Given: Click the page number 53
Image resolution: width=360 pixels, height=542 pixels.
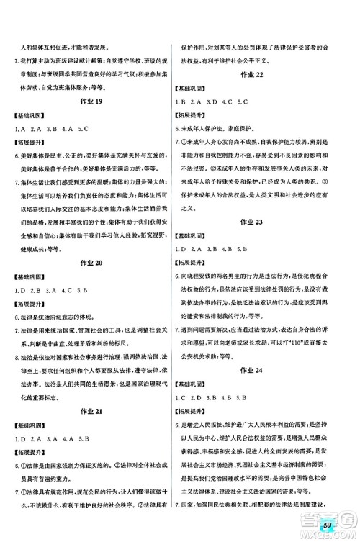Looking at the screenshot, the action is (328, 528).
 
